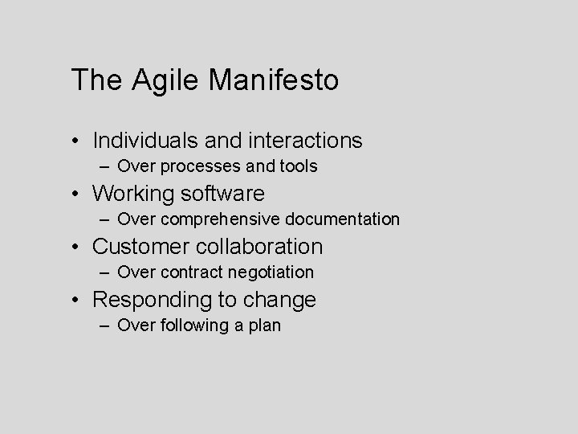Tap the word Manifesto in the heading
pyautogui.click(x=274, y=80)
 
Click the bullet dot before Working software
pyautogui.click(x=75, y=194)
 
